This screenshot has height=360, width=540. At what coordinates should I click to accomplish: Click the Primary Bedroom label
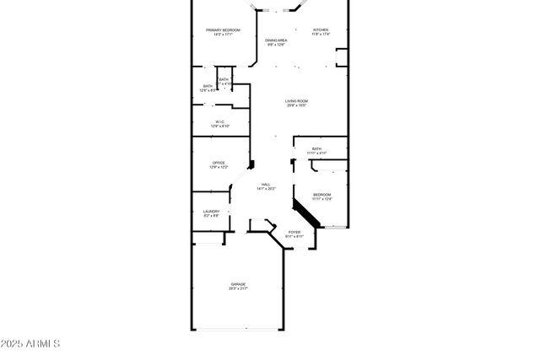point(224,30)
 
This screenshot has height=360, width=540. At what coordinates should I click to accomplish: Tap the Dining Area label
point(276,40)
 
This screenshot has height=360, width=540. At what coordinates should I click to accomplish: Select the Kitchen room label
point(320,30)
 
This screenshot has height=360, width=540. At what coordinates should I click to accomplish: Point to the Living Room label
point(295,101)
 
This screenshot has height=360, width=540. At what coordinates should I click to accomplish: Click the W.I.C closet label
point(219,121)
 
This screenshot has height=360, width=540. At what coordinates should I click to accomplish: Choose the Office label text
point(219,163)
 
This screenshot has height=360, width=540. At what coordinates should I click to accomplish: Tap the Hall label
point(266,185)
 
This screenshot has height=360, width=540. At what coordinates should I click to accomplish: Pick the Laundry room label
point(212,212)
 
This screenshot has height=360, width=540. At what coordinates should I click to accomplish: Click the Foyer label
point(294,232)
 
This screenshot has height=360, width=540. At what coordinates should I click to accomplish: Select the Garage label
point(238,284)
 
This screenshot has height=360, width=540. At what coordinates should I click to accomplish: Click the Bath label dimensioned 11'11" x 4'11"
point(316,148)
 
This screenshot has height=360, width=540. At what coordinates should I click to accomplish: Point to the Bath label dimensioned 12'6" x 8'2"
point(208,86)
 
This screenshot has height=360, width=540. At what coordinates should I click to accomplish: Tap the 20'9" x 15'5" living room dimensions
point(295,105)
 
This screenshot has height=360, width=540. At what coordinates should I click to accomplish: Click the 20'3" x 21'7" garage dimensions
point(238,288)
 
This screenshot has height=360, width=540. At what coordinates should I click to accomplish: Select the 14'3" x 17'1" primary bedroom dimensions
point(224,35)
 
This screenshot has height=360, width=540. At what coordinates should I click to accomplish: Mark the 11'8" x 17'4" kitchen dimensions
point(320,35)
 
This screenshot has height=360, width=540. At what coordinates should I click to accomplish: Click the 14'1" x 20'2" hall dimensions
point(266,189)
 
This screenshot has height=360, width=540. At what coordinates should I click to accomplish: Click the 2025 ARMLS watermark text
point(30,344)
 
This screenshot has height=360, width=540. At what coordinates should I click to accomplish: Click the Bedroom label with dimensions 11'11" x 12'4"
point(322,195)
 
